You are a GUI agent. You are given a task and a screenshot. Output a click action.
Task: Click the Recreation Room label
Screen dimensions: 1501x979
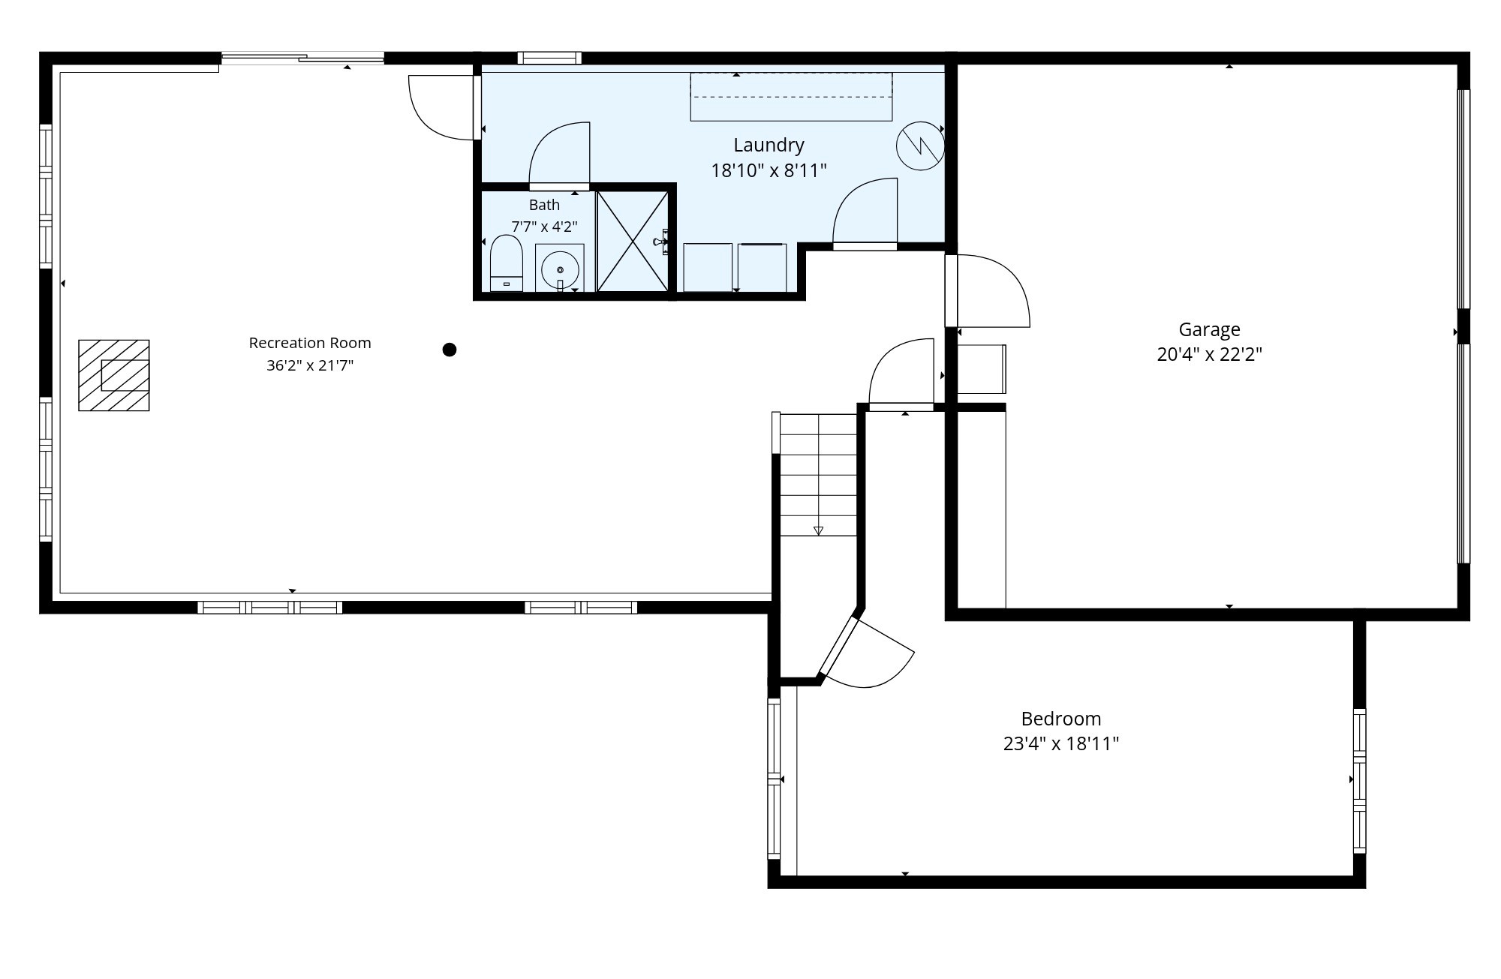coord(310,343)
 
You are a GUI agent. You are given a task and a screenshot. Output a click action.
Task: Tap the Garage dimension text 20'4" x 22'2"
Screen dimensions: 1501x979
coord(1209,354)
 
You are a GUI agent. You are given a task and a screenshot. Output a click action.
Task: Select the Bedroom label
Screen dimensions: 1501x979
coord(1061,719)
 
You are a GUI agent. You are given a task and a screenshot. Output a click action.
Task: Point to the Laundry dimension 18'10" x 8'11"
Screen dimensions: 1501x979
coord(769,170)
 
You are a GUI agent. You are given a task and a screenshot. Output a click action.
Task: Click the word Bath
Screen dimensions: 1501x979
coord(544,205)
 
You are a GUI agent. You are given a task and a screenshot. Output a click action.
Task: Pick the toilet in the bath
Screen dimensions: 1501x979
coord(506,263)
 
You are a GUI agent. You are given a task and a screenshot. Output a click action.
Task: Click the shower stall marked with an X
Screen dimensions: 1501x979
coord(632,241)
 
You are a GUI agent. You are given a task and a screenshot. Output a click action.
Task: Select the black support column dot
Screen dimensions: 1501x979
coord(450,350)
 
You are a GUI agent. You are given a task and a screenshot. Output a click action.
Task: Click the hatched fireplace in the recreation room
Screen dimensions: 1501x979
coord(114,375)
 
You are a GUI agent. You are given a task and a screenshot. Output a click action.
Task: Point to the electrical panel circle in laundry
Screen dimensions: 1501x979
coord(920,146)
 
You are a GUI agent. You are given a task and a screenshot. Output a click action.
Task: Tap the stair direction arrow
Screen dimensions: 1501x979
coord(818,530)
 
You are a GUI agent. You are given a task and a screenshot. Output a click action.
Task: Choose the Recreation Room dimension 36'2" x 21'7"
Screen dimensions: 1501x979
coord(310,365)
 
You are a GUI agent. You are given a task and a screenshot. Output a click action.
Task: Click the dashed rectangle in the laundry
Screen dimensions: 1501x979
coord(791,96)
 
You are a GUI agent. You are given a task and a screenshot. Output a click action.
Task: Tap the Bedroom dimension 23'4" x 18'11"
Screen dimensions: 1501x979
coord(1061,743)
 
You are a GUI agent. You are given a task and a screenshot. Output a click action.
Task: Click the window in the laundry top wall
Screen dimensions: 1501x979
coord(549,58)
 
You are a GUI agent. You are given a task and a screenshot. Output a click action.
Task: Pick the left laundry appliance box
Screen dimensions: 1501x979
coord(708,268)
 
